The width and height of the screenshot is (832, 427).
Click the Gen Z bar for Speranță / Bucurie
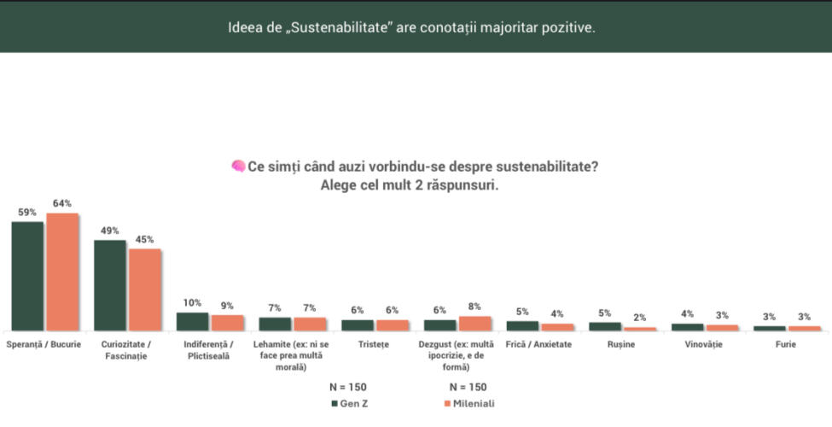(27, 276)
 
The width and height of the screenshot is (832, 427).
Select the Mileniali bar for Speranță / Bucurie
(62, 272)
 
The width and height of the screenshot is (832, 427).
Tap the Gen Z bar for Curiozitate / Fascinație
(110, 286)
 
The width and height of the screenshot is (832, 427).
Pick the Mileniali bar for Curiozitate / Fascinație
(145, 290)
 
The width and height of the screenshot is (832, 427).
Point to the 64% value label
(62, 203)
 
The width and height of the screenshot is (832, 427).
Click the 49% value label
(110, 231)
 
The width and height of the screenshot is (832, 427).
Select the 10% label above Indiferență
(192, 302)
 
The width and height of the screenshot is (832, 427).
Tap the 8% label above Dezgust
(474, 307)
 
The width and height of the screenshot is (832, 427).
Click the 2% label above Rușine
(639, 318)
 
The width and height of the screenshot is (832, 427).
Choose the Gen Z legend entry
(350, 404)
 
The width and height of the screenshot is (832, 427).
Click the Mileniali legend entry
(469, 404)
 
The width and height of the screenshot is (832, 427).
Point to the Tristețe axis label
(374, 344)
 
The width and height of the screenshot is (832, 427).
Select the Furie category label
(786, 344)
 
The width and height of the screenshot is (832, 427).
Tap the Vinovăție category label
(704, 344)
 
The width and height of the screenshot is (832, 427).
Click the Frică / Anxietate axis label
(538, 344)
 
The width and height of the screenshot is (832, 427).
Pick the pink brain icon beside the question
(238, 167)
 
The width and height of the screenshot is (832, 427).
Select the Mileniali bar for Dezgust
(475, 324)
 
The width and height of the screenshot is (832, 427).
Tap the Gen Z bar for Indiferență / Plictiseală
(192, 322)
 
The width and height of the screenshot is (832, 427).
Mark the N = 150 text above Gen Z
(348, 387)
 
